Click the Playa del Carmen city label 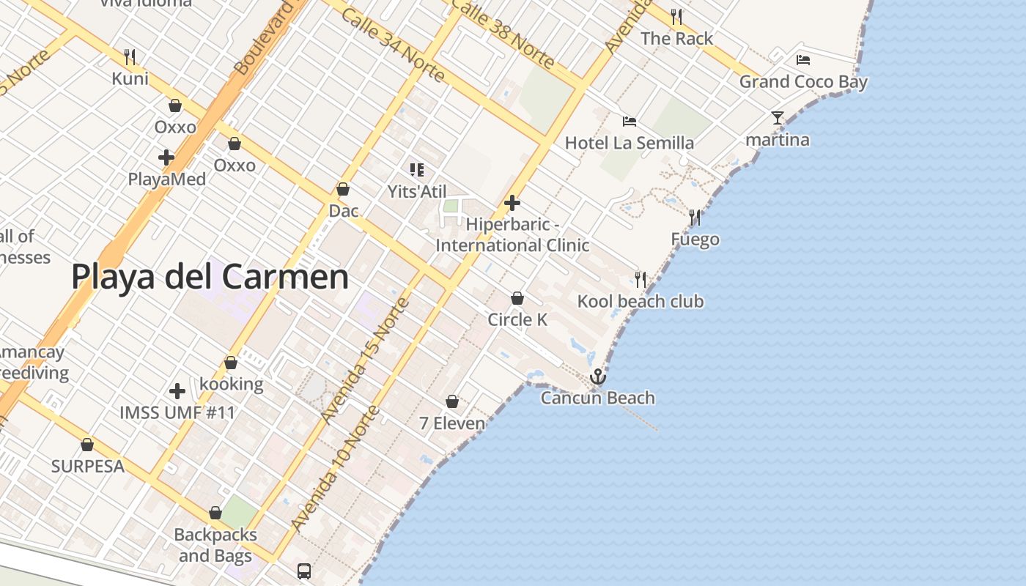210,278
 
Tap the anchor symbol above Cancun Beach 598,377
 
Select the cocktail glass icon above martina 777,118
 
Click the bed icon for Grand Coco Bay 803,60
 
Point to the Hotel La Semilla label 629,143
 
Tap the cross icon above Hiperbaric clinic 512,203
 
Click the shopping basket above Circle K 517,298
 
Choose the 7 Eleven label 452,423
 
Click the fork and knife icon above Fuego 694,218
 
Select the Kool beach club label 640,301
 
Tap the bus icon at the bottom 304,571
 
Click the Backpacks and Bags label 215,545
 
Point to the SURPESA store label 88,466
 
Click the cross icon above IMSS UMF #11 177,391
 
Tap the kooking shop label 232,384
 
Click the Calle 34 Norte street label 393,45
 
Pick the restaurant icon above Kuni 130,56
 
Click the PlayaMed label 167,179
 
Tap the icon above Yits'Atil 417,171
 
